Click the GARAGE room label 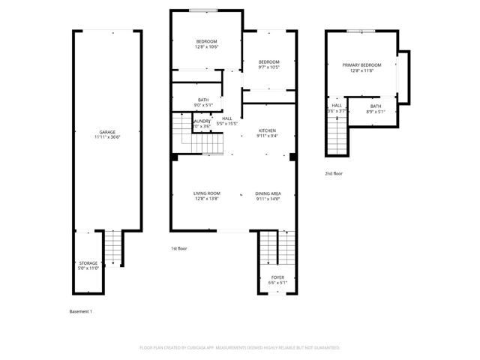click(108, 132)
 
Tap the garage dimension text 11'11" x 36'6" click(108, 137)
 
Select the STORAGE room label click(88, 263)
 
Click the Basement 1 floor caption click(80, 311)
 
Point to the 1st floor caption click(179, 247)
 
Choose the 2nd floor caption click(334, 173)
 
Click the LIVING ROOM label click(207, 193)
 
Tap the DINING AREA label click(267, 193)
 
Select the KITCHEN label click(267, 130)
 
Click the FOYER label click(277, 277)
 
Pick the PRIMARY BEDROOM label click(361, 65)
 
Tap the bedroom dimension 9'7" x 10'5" click(268, 67)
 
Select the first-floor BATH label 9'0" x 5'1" click(203, 100)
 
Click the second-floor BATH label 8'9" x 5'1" click(375, 106)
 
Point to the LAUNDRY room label click(201, 121)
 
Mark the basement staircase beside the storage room click(112, 248)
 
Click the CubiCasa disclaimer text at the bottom click(240, 348)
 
